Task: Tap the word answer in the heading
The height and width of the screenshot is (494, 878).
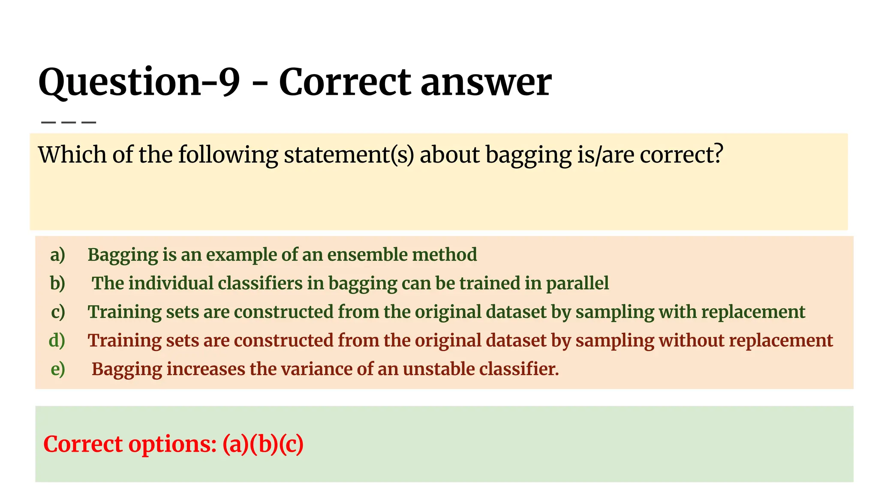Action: pyautogui.click(x=486, y=82)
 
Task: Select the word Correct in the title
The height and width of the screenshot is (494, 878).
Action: pyautogui.click(x=345, y=82)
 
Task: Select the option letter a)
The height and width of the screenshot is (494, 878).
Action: pyautogui.click(x=57, y=255)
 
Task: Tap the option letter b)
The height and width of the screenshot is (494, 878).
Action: pyautogui.click(x=57, y=283)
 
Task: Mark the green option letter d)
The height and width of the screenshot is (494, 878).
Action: pyautogui.click(x=57, y=340)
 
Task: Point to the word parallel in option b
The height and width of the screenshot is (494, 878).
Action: pyautogui.click(x=577, y=283)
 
